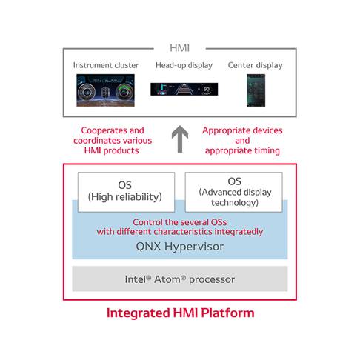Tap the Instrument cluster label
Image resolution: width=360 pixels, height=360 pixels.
point(105,65)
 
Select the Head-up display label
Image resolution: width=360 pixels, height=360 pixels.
point(184,65)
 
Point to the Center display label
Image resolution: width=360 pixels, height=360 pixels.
point(255,65)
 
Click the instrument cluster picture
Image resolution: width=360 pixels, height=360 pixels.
point(105,90)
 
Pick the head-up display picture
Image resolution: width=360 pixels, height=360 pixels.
point(183,90)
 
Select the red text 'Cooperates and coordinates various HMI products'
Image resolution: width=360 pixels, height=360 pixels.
point(113,140)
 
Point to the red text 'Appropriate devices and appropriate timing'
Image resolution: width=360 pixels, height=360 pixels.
point(242,140)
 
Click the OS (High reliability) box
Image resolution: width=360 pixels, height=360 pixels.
point(126,190)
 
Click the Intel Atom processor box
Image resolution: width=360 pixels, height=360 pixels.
point(180,279)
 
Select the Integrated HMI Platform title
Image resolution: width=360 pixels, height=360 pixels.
point(180,313)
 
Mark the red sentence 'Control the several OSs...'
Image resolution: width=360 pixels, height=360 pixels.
point(180,226)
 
